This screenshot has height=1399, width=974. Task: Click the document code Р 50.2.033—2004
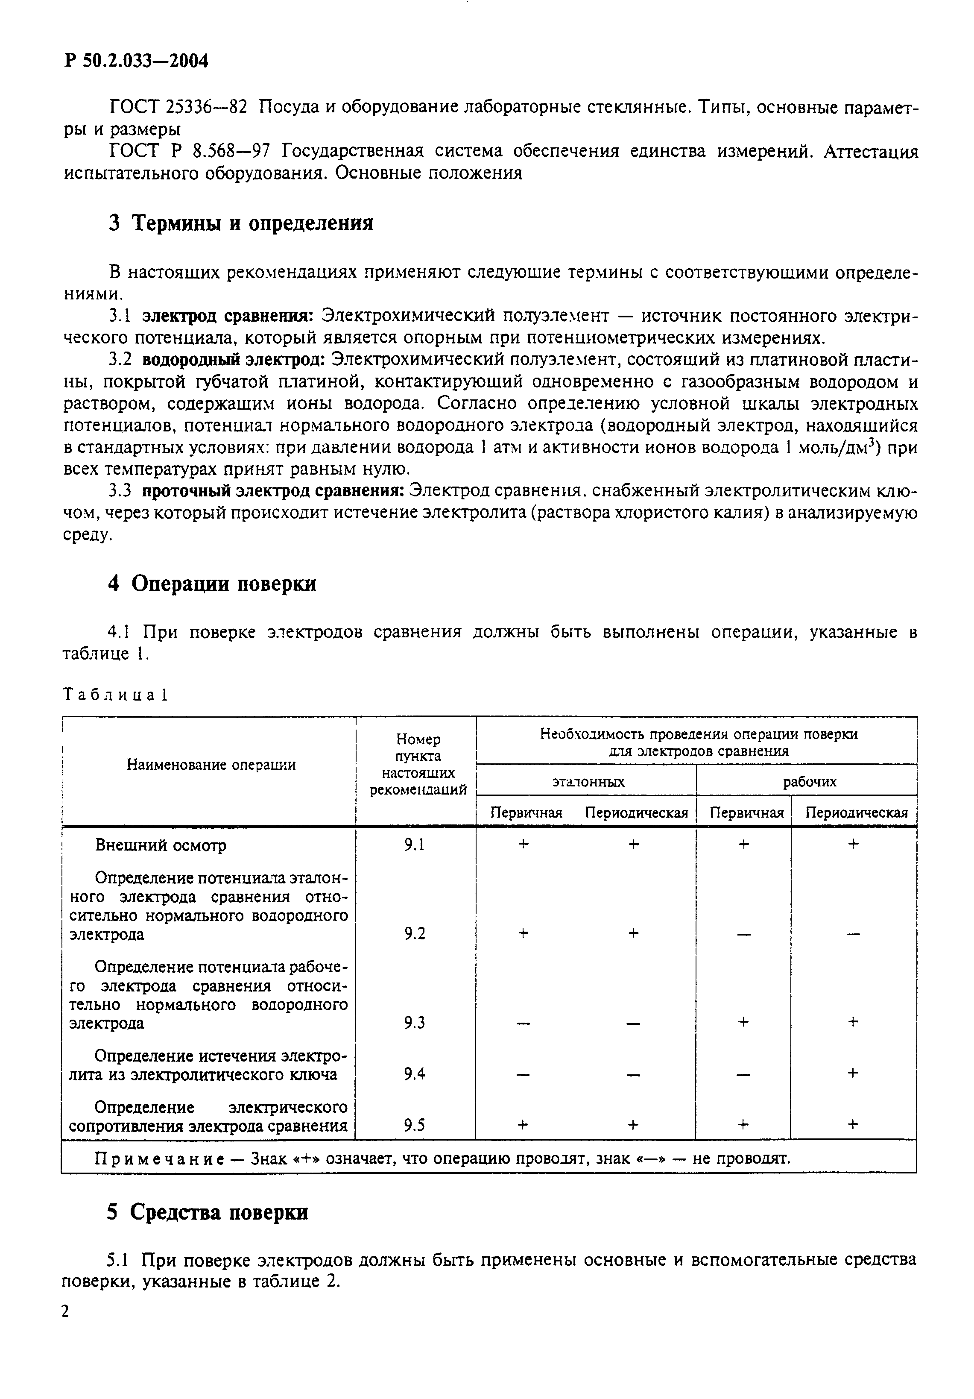[x=136, y=62]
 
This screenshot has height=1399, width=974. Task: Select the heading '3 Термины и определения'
[x=240, y=223]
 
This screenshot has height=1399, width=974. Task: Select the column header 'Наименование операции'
[x=211, y=765]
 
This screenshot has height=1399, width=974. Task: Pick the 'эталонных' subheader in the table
[x=588, y=782]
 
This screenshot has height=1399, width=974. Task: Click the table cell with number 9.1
[x=414, y=845]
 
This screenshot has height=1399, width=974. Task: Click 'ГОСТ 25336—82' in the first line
[x=178, y=107]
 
